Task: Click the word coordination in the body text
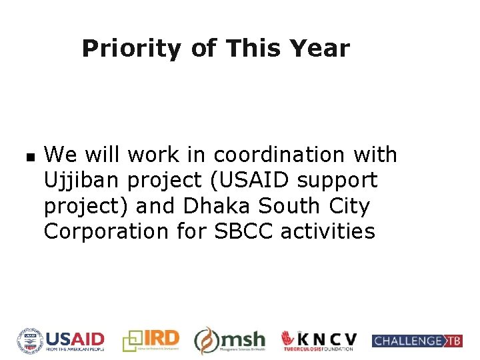[277, 155]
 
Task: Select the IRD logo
[151, 340]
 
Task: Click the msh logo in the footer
[229, 341]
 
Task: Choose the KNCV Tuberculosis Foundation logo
[319, 341]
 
